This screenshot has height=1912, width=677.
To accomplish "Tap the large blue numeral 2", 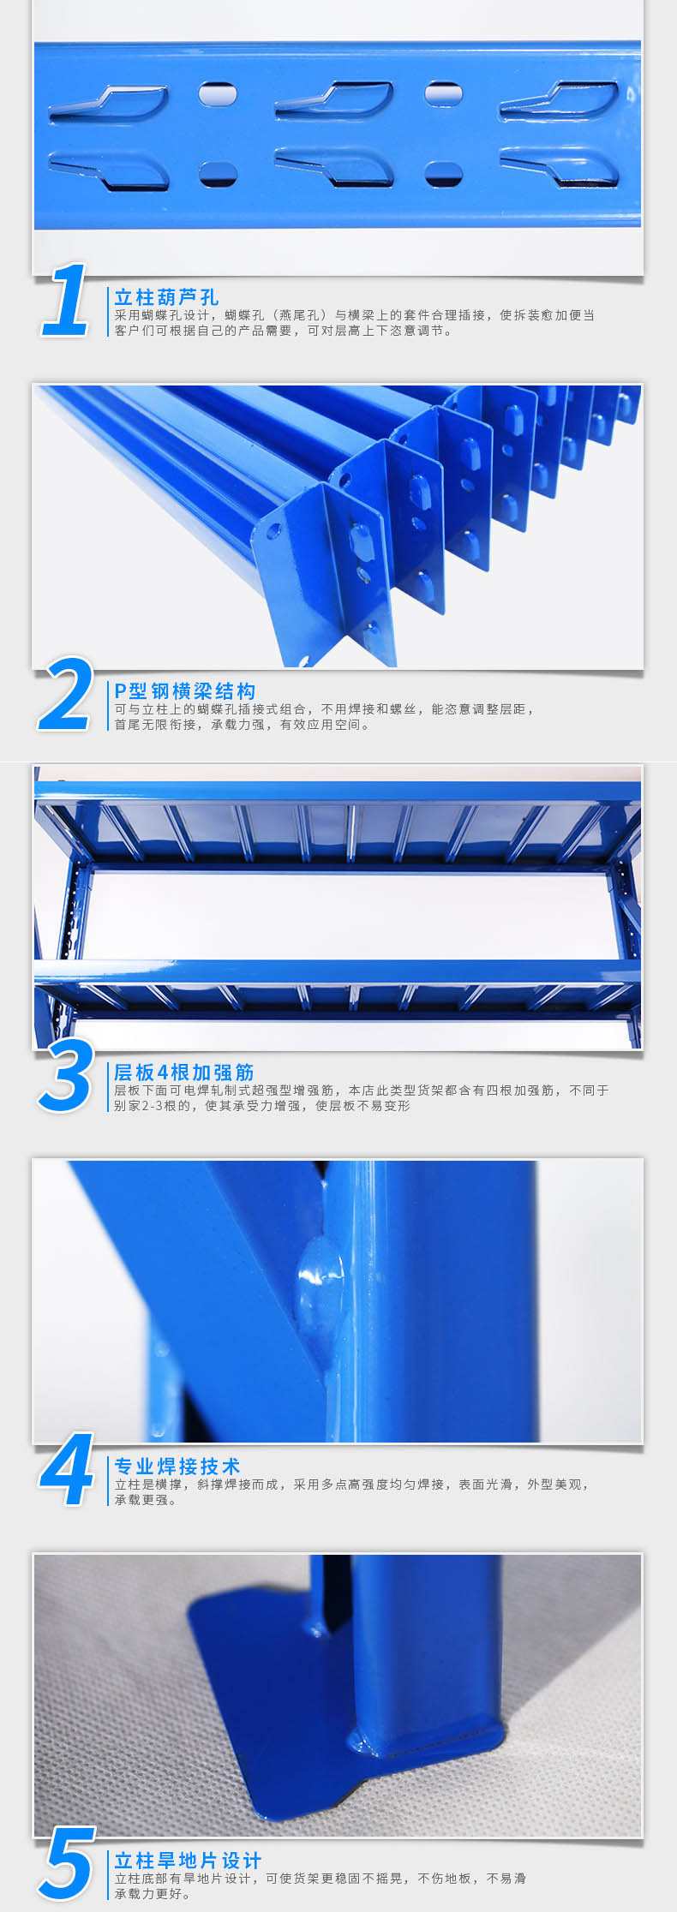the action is tap(66, 694).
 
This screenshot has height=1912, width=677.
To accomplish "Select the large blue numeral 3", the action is tap(66, 1075).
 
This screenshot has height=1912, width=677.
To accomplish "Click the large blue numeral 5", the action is tap(66, 1864).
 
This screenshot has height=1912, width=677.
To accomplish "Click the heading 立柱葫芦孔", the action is tap(167, 297).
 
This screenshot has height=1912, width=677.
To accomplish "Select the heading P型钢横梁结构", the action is tap(185, 691).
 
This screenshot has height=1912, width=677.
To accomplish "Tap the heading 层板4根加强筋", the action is tap(184, 1073).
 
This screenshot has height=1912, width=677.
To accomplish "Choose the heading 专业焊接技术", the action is tap(177, 1466).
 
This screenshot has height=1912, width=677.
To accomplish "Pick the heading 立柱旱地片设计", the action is tap(189, 1861).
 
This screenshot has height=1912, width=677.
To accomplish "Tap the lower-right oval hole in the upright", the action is tap(444, 173).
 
